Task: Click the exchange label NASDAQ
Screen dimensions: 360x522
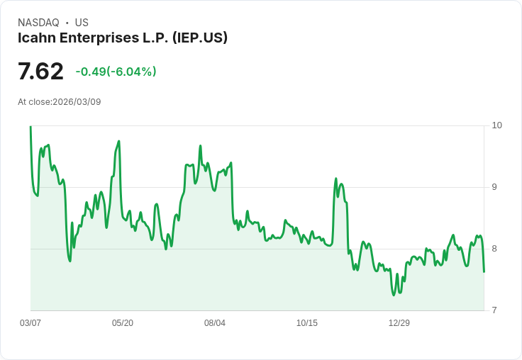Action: [x=38, y=23]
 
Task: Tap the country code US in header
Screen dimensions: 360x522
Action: [x=82, y=23]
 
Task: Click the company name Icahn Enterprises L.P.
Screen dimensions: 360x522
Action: [x=90, y=38]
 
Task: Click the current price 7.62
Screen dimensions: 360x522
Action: [x=40, y=72]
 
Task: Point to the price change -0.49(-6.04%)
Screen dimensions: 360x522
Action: [x=116, y=72]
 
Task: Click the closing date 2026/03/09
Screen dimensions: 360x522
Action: [x=77, y=102]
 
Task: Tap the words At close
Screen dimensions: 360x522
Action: [x=34, y=102]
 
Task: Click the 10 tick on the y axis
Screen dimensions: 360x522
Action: [x=496, y=125]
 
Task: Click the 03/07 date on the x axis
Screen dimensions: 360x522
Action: [x=30, y=323]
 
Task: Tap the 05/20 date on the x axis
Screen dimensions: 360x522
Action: [x=123, y=323]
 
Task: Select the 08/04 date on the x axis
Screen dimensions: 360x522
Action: [x=215, y=323]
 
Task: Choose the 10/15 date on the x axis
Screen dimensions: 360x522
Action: [x=307, y=323]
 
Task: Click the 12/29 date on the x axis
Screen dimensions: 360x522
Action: [x=399, y=323]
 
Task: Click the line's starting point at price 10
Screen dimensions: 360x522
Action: [x=30, y=126]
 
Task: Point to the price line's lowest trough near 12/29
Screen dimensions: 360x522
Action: [x=394, y=295]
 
